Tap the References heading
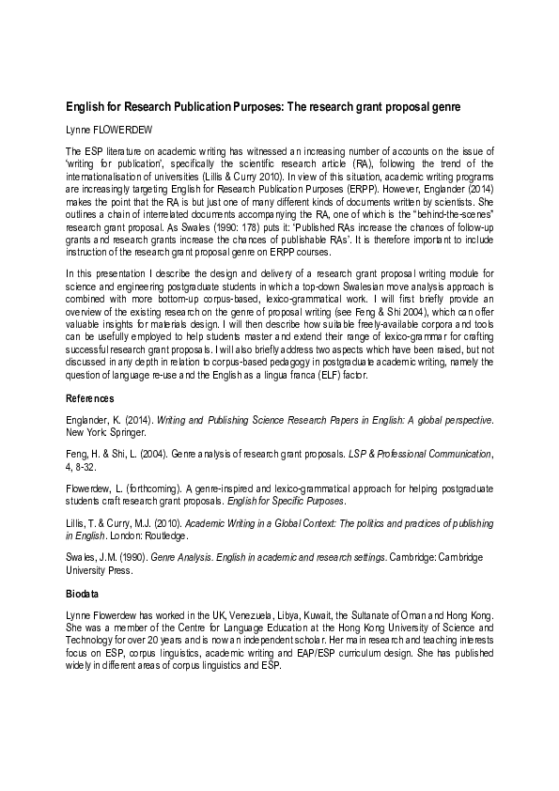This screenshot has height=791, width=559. [89, 398]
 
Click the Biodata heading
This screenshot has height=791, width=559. [83, 594]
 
